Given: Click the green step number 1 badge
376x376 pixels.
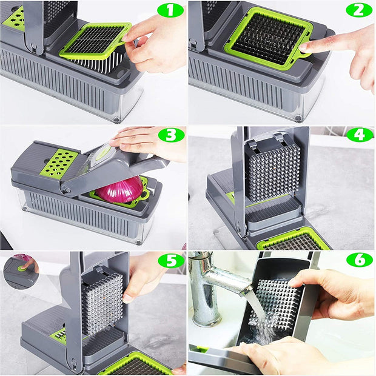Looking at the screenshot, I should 170,10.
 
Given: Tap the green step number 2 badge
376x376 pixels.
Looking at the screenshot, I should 359,10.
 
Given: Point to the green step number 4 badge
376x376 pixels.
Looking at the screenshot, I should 359,135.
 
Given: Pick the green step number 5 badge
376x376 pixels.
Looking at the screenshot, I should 170,260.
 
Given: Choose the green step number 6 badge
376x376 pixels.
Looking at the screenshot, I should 359,260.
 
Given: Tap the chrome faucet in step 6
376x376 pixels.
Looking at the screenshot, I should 209,279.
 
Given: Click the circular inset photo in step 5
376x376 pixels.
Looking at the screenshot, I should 20,270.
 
